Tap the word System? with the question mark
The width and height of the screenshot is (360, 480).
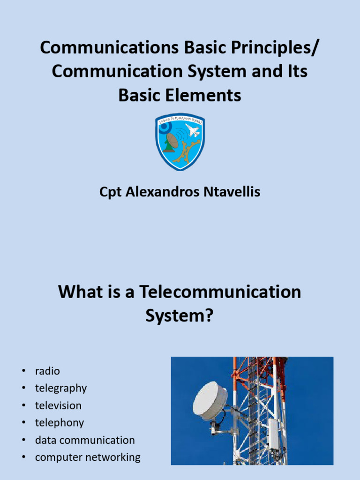coord(180,315)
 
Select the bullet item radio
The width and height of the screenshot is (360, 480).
coord(47,371)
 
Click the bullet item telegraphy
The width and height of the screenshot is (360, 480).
coord(61,388)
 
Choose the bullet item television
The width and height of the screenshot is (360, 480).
coord(58,405)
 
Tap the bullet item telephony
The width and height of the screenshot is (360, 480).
coord(60,423)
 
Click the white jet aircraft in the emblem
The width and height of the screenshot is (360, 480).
coord(192,130)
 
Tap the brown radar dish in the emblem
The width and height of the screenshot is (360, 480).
coord(172,140)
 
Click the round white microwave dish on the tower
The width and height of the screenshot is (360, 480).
coord(210,401)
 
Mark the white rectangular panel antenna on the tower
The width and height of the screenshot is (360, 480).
coord(273,434)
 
